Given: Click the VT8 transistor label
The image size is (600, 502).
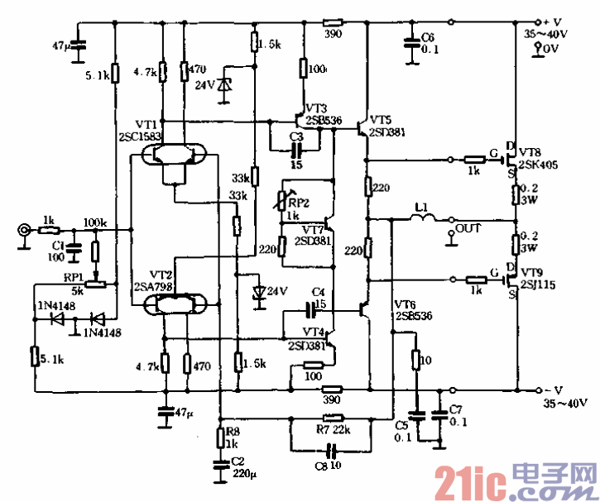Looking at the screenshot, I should (x=531, y=152).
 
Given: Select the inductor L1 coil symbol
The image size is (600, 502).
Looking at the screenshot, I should (x=423, y=218).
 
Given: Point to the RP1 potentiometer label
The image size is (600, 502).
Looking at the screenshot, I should (x=74, y=276).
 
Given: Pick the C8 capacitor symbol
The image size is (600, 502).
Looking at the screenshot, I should (x=332, y=452).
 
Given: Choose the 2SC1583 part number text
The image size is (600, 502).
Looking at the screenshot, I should (x=142, y=134).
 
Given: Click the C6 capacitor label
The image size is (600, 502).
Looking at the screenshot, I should (x=428, y=37).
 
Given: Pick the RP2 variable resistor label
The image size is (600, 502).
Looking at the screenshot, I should (x=298, y=203).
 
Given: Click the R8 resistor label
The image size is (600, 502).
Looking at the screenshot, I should (x=233, y=431).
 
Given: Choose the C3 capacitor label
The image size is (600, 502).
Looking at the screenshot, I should (x=296, y=136).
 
